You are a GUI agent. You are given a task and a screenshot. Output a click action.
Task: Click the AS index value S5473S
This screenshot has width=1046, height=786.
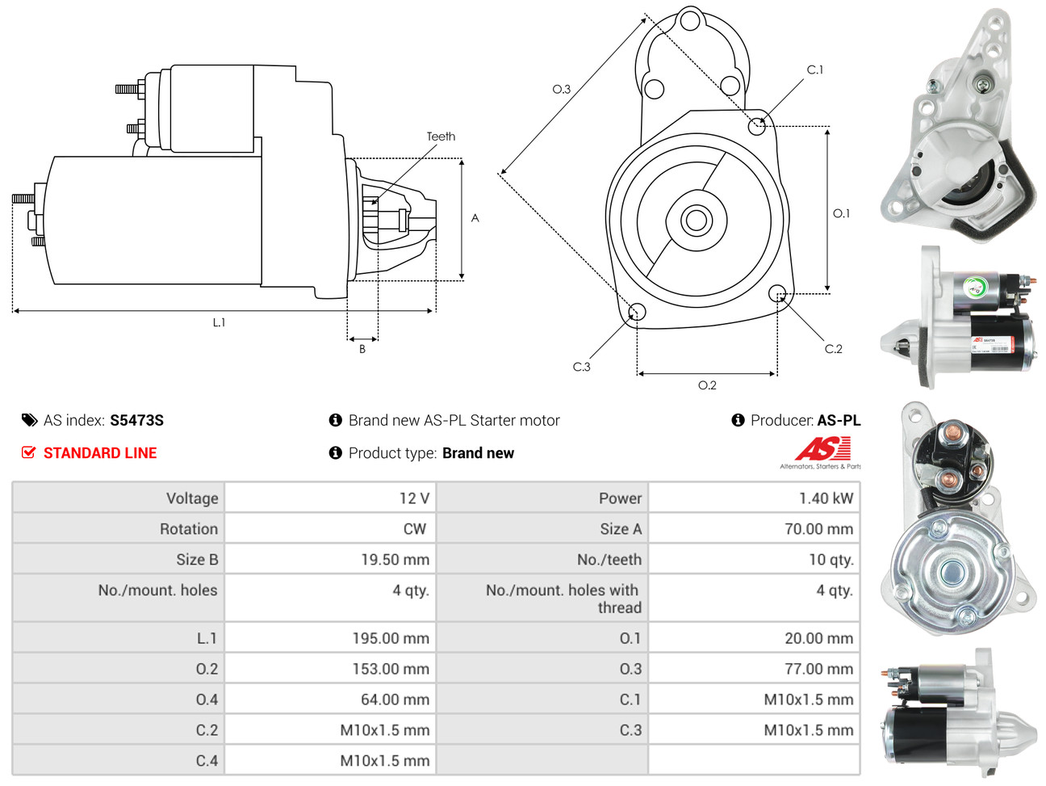(136, 420)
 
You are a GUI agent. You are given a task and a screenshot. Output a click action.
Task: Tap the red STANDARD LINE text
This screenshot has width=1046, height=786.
(99, 453)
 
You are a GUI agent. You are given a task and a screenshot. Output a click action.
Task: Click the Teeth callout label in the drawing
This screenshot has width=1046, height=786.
(441, 137)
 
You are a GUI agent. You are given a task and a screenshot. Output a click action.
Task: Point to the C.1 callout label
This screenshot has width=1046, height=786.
(815, 70)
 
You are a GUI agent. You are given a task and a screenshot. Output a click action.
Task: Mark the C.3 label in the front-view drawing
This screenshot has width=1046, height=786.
(581, 367)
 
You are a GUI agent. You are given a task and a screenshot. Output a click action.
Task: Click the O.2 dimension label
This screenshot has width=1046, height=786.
(707, 385)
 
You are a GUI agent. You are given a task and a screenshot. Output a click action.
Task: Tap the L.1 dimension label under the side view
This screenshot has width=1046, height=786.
(219, 322)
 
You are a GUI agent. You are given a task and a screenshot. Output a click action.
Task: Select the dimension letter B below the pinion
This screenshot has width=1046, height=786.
(362, 349)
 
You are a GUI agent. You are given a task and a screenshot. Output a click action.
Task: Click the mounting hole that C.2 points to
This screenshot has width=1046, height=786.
(776, 292)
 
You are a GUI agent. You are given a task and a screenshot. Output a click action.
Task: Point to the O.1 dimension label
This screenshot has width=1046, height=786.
(841, 213)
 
